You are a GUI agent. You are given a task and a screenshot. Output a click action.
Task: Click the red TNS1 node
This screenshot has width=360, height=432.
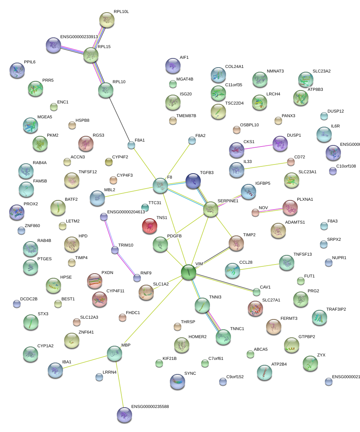(150, 226)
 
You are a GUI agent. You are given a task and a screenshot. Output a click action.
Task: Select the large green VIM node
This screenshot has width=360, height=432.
(188, 272)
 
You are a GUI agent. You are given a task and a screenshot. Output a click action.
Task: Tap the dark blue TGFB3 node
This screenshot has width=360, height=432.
(193, 181)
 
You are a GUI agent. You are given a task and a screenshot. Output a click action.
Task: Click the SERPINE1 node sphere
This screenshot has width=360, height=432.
(211, 209)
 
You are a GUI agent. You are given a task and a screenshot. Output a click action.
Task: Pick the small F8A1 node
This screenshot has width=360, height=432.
(131, 145)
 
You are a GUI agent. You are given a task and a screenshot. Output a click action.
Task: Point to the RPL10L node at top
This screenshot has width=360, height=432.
(107, 19)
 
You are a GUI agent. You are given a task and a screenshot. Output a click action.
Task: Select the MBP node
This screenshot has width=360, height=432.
(115, 354)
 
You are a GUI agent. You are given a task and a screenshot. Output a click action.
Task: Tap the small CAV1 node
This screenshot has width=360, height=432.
(257, 292)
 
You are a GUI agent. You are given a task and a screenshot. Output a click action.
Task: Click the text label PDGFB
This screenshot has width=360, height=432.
(174, 236)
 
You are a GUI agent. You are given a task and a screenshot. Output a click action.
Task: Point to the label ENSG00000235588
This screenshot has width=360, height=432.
(150, 406)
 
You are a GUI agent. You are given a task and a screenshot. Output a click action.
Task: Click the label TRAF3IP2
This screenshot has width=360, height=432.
(336, 309)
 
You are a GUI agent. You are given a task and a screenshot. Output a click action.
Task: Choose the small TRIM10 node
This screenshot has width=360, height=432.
(115, 250)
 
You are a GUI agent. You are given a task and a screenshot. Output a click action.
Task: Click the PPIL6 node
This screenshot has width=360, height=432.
(17, 70)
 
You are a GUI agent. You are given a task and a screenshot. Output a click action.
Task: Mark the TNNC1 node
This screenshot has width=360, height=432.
(223, 336)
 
